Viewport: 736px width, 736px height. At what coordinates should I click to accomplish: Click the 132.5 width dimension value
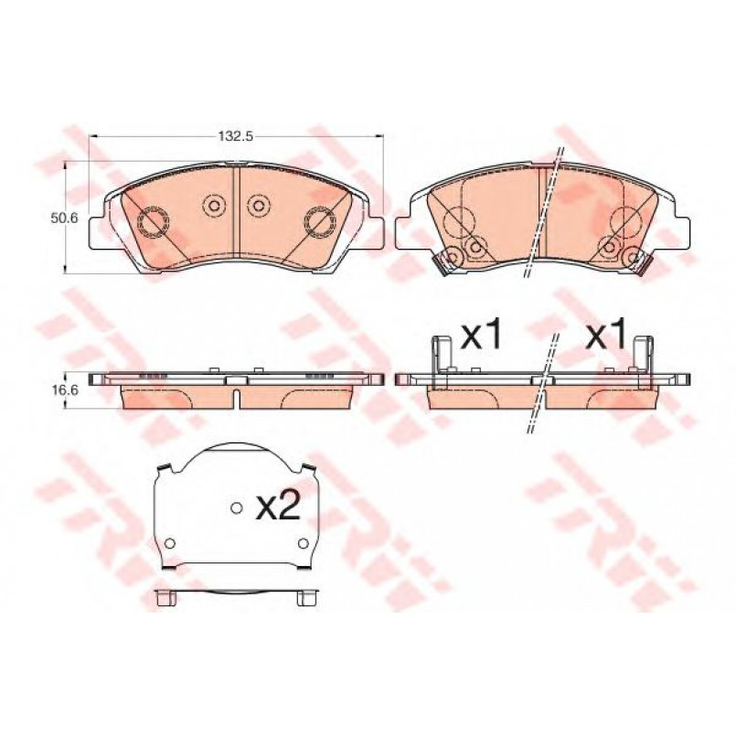tap(236, 136)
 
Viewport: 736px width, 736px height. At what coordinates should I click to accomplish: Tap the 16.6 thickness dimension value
tap(65, 390)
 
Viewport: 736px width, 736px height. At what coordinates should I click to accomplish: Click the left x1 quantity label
tap(481, 334)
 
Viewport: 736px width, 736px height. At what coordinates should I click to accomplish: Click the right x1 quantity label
tap(606, 334)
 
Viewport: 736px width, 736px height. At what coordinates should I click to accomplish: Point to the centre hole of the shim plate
tap(237, 507)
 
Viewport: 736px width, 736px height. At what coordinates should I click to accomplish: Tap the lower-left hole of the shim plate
tap(170, 543)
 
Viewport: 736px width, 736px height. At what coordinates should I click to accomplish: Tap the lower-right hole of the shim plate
tap(304, 543)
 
